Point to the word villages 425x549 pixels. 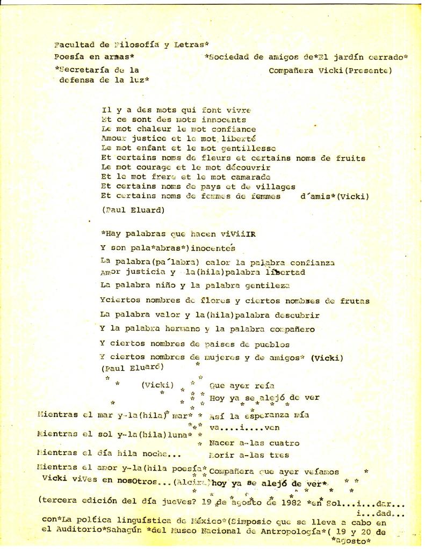pyautogui.click(x=271, y=186)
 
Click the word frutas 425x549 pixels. pyautogui.click(x=355, y=301)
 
